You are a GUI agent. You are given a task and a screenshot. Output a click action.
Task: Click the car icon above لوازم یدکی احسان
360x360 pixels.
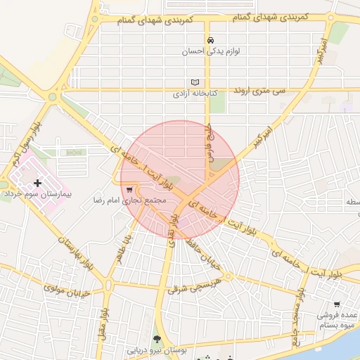point(210,40)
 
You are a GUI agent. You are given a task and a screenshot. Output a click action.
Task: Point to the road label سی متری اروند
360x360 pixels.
point(261,91)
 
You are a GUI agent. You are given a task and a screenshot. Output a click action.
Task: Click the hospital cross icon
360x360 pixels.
point(37,183)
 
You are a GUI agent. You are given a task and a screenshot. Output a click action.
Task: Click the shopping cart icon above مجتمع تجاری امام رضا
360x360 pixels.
point(129,189)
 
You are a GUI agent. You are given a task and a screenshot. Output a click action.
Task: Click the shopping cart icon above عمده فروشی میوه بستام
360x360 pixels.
point(337,304)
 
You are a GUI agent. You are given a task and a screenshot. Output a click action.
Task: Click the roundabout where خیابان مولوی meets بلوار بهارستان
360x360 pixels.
point(108,285)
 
